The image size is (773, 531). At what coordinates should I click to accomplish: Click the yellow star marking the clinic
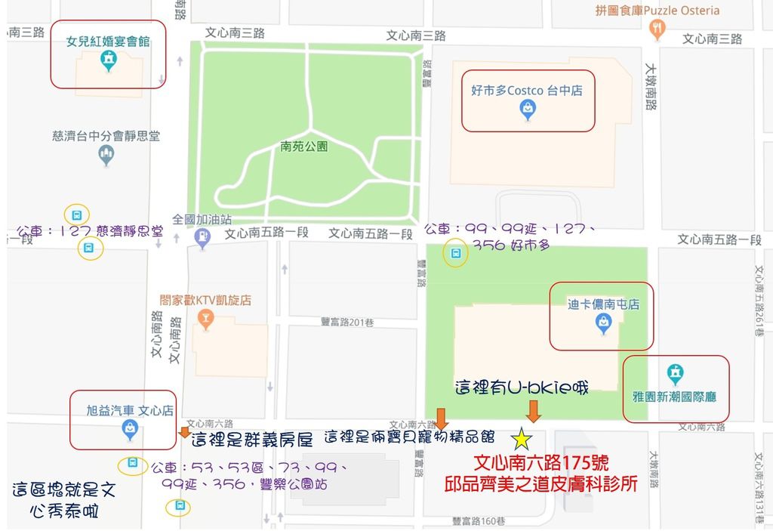pos(521,438)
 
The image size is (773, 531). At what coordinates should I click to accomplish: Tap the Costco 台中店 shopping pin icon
pos(528,110)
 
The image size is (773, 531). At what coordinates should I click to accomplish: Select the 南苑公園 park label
pos(303,147)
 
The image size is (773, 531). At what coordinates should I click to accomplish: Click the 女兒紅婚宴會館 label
pos(108,42)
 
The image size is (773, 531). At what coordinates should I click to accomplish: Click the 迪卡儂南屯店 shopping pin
pos(603,323)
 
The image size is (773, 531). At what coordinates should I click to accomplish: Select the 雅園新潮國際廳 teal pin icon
pos(675,373)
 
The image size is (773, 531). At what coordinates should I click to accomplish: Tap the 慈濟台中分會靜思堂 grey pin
pos(106,156)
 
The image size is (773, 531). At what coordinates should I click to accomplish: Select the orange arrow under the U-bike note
pos(534,412)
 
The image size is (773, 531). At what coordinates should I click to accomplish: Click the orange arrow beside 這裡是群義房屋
pos(184,432)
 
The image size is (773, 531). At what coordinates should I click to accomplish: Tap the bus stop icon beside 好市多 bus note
pos(455,254)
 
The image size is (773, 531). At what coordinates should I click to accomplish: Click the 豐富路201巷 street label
pos(347,322)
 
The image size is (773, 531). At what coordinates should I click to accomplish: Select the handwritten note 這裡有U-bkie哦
pos(522,387)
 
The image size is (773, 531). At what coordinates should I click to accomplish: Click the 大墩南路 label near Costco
pos(650,87)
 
